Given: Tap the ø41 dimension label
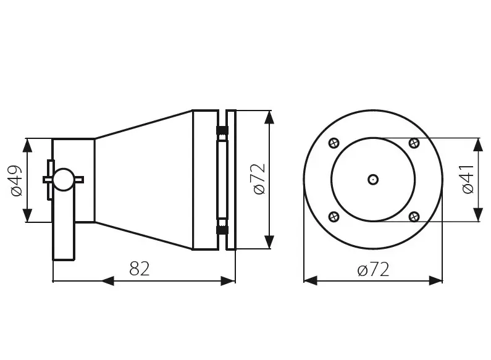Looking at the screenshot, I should pos(468,180).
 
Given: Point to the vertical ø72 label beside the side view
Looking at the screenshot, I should pos(258,179).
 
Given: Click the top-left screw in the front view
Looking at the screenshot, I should pos(334,143).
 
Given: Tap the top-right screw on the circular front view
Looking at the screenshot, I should pos(414,143).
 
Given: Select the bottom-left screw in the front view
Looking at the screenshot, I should pos(334,216).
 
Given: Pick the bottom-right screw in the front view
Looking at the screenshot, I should pos(414,216).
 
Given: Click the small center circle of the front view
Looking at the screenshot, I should pos(373,179).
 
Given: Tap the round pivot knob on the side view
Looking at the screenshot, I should pos(62,179).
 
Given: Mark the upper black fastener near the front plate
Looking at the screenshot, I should pos(221,131).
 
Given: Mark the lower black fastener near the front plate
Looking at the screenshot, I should pos(221,230).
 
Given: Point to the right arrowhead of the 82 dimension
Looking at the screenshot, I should pos(228,281).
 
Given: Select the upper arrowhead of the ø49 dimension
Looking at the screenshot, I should pos(28,146).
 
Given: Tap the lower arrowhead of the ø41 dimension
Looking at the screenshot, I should pos(478,214).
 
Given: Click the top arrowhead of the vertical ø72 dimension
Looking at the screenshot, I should pos(268,117).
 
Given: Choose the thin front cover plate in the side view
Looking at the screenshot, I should pos(231,180).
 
